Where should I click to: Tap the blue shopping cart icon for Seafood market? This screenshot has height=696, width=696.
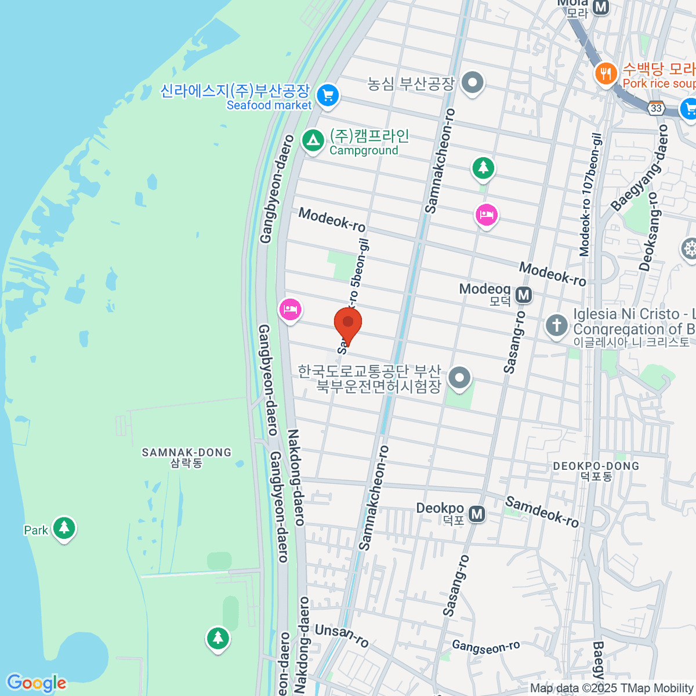(x=328, y=95)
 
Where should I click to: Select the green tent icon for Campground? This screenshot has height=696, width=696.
(x=313, y=140)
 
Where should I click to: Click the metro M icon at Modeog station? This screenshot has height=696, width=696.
(x=524, y=295)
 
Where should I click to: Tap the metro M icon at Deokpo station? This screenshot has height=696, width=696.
(x=477, y=514)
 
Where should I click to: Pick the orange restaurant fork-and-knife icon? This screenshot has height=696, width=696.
(x=606, y=74)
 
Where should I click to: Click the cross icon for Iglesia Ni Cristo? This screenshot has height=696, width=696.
(x=557, y=325)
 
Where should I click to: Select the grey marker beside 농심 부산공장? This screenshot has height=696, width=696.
(x=473, y=82)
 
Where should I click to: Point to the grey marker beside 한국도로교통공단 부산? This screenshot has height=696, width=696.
(x=460, y=378)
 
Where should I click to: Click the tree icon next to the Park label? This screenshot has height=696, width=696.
(x=64, y=528)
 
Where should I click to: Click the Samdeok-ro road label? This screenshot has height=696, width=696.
(x=542, y=512)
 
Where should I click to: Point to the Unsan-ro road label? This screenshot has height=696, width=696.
(x=342, y=635)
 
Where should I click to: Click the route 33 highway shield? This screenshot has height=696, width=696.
(x=656, y=108)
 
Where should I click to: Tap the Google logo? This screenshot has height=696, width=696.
(x=37, y=683)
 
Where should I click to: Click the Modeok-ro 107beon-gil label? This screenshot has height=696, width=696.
(x=592, y=194)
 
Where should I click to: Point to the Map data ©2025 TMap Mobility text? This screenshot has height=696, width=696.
(x=612, y=688)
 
